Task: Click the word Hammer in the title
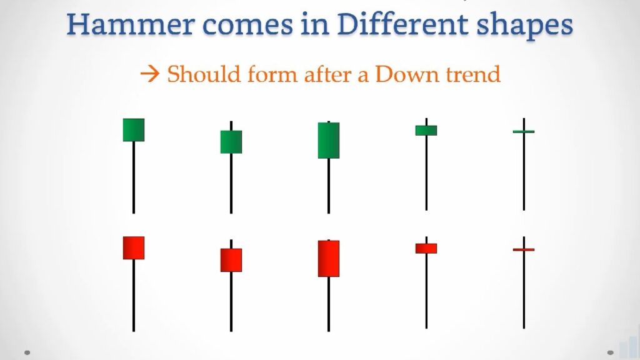coord(130,24)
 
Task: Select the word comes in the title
coord(247,24)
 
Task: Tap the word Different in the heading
coord(402,24)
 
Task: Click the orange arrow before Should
coord(150,74)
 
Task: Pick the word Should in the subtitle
coord(204,74)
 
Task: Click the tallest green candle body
coord(329,140)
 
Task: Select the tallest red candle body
coord(329,258)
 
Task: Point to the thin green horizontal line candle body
coord(524,131)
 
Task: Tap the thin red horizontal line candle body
coord(524,249)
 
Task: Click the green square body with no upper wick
coord(134,130)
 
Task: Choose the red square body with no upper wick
coord(134,247)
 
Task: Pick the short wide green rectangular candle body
coord(426,130)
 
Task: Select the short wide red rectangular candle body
coord(426,248)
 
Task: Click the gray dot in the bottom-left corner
coord(27,352)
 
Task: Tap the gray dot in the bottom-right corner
coord(611,352)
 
